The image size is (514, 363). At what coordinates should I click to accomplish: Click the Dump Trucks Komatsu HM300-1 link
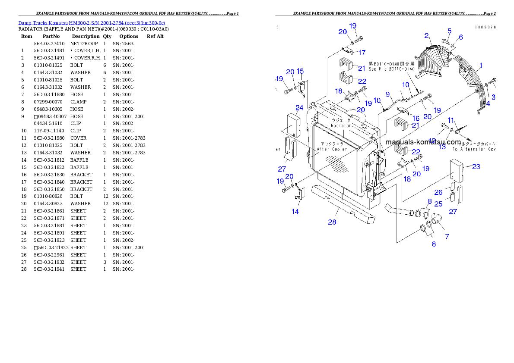point(91,22)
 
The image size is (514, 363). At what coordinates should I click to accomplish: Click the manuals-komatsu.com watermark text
point(423,142)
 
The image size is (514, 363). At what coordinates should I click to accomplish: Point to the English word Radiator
point(341,125)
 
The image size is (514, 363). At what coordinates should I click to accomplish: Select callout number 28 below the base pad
point(332,222)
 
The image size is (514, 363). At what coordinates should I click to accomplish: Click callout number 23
point(476,166)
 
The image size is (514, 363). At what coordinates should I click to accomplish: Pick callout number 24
point(299,107)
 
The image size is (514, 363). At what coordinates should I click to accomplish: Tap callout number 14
point(295,212)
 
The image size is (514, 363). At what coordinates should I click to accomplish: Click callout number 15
point(300,71)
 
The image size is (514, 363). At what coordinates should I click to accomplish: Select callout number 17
point(362,53)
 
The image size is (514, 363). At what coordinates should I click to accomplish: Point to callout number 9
point(387,94)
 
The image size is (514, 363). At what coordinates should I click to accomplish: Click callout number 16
point(416,118)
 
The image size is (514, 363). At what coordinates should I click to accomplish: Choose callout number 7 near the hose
point(447,236)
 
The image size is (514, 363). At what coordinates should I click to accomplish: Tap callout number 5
point(449,31)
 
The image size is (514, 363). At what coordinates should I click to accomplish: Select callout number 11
point(451,120)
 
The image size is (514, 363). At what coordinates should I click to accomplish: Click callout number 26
point(438,192)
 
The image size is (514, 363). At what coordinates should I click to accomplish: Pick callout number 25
point(438,203)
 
